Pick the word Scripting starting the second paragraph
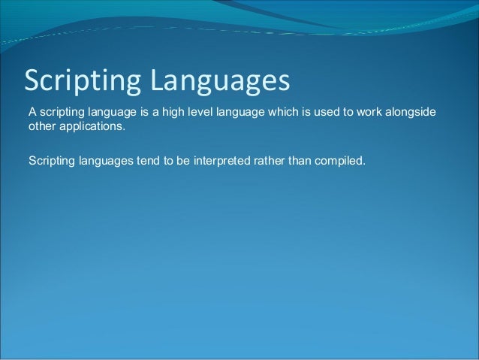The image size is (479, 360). [x=50, y=159]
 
